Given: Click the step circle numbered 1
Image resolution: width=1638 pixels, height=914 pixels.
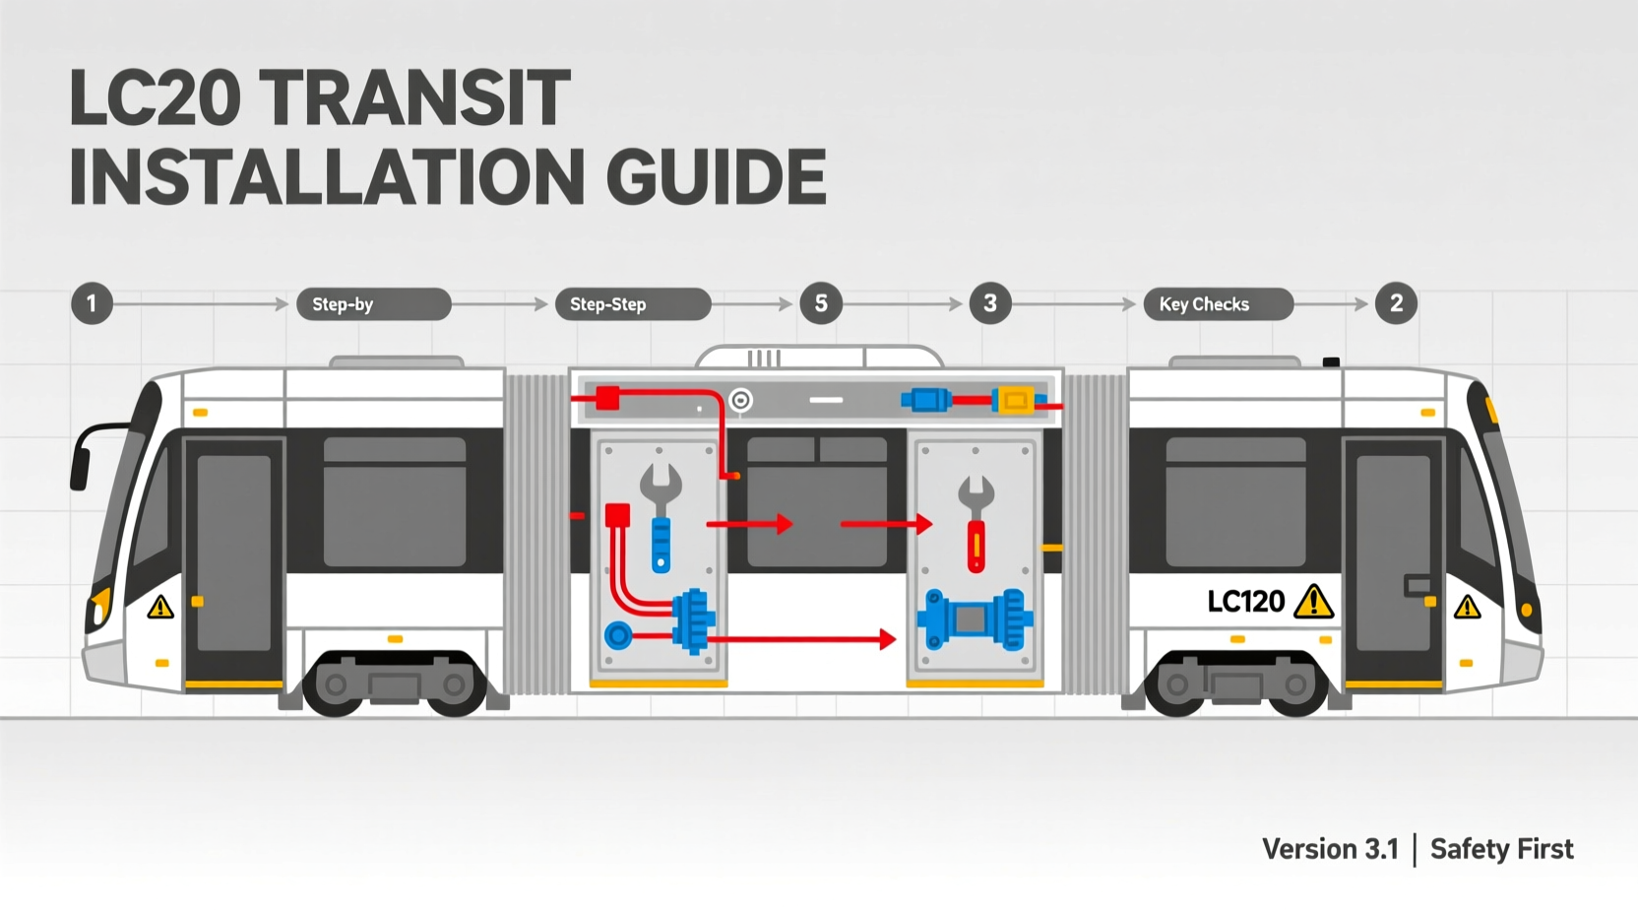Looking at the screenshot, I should (x=92, y=303).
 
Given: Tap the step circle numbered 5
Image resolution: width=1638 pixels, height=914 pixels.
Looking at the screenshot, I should (x=821, y=303).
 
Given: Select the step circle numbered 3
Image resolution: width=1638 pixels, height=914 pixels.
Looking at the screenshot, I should (x=990, y=303).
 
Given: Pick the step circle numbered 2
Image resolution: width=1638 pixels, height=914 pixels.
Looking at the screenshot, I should (x=1396, y=303).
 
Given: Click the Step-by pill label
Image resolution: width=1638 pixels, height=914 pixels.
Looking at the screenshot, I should (x=373, y=304).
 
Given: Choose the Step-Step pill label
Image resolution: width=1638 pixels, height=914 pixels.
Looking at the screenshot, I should (x=633, y=304).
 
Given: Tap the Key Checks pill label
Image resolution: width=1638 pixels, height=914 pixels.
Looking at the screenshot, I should (x=1218, y=304).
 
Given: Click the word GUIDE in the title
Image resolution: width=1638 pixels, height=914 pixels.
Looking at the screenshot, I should (x=716, y=177).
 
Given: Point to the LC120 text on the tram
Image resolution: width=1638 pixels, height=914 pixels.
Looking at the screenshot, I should (x=1246, y=601).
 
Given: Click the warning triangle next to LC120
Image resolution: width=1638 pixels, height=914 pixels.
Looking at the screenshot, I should (x=1313, y=602).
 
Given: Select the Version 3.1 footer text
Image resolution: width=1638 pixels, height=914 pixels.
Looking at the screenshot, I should (x=1330, y=849).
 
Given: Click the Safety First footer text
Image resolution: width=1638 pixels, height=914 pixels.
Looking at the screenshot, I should (x=1501, y=849).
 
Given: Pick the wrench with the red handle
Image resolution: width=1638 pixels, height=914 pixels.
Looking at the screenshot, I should (x=976, y=523).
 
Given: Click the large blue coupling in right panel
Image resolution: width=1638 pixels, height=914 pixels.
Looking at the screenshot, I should (x=975, y=620).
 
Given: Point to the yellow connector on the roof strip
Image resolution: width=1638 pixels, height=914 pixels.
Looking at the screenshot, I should (x=1015, y=400).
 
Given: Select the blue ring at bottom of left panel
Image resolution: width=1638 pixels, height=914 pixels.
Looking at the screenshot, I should (x=618, y=635).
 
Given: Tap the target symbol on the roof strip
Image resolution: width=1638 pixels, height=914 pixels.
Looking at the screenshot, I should (x=740, y=400).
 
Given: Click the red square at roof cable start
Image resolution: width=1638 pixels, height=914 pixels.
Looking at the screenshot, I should (x=607, y=398).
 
